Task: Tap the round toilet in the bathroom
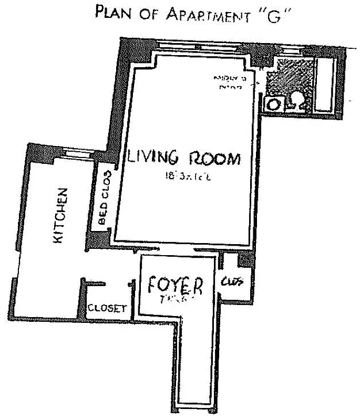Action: pos(297,100)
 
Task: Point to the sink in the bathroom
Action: pos(274,103)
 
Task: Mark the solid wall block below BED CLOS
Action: pos(99,239)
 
